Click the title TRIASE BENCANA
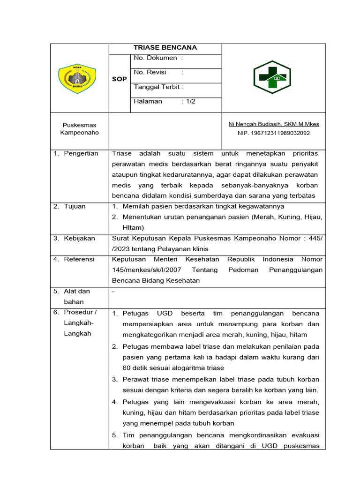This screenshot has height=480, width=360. [165, 48]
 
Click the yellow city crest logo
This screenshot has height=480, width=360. [77, 78]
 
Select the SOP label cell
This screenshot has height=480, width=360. [120, 79]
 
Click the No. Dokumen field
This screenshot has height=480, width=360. [158, 58]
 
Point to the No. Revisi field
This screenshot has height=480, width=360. [158, 73]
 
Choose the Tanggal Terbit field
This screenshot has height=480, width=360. [158, 87]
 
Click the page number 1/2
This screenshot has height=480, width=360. [190, 101]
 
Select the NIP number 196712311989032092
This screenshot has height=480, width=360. [273, 133]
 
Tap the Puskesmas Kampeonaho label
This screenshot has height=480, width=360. [79, 129]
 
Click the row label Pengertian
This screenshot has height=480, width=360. [81, 154]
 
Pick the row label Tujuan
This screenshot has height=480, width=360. [75, 207]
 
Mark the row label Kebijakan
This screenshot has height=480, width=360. [79, 239]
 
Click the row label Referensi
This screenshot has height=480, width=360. [79, 259]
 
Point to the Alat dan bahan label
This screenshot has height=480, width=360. [77, 296]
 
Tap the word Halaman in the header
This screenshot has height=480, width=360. [148, 101]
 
